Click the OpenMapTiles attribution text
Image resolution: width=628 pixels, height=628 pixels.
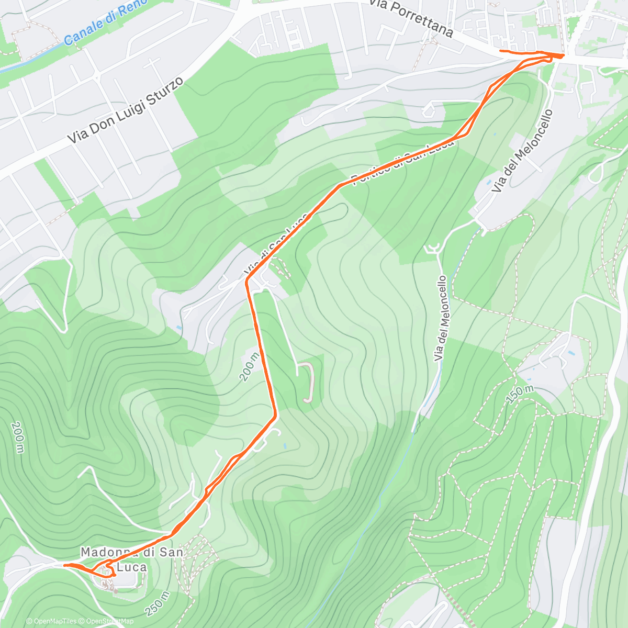coord(52,622)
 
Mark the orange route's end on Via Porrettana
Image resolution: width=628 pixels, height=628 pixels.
coord(501,51)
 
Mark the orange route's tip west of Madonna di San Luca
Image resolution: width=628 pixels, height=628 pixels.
coord(64,565)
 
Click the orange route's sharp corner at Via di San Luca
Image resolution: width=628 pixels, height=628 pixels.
coord(247,281)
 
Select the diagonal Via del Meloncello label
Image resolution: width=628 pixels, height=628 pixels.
coord(523,151)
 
